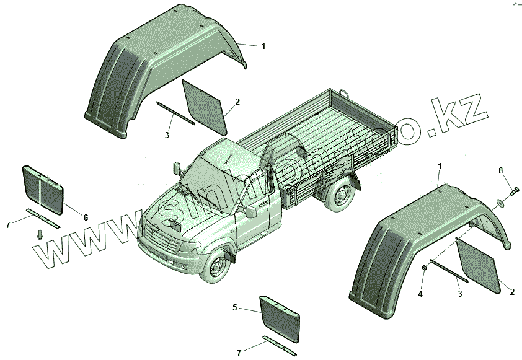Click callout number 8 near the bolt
pos(501,170)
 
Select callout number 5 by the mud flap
pos(235,307)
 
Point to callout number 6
pos(86,217)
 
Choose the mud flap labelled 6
pos(43,188)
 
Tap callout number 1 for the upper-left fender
pos(263,46)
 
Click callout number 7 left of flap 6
pos(8,224)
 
